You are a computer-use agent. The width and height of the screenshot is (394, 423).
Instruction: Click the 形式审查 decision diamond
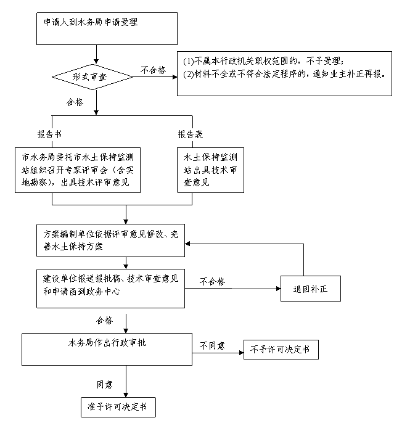92,77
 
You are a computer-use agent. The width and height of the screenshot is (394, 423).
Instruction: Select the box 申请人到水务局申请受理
107,28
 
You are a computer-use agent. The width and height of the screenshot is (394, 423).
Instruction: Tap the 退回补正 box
310,289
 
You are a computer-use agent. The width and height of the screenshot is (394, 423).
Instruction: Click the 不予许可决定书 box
281,350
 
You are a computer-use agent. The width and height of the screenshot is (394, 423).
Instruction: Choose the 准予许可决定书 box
118,407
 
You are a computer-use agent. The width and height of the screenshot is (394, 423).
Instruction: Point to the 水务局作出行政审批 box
107,349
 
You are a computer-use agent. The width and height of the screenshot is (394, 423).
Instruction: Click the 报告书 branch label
49,134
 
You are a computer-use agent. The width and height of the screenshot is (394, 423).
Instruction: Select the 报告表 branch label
190,134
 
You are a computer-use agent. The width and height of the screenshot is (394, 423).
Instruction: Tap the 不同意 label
212,345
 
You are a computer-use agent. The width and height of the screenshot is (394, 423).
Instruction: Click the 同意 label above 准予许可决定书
104,384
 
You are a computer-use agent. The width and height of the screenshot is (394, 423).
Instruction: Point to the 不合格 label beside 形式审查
153,70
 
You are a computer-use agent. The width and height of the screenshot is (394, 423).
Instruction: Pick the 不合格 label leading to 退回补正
212,282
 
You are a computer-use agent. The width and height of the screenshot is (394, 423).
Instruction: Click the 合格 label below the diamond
75,102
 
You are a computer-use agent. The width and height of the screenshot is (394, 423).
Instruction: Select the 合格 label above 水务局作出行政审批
104,321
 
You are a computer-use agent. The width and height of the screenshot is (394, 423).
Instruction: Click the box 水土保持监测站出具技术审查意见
210,170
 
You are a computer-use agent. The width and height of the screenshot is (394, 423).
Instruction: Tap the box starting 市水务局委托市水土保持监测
78,170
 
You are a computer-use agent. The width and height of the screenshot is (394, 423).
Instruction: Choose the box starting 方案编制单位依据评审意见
110,240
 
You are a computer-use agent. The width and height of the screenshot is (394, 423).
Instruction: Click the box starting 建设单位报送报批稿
110,289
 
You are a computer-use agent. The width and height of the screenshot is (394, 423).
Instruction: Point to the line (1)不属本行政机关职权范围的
264,61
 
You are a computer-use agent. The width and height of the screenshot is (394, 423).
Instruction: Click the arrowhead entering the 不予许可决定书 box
241,353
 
